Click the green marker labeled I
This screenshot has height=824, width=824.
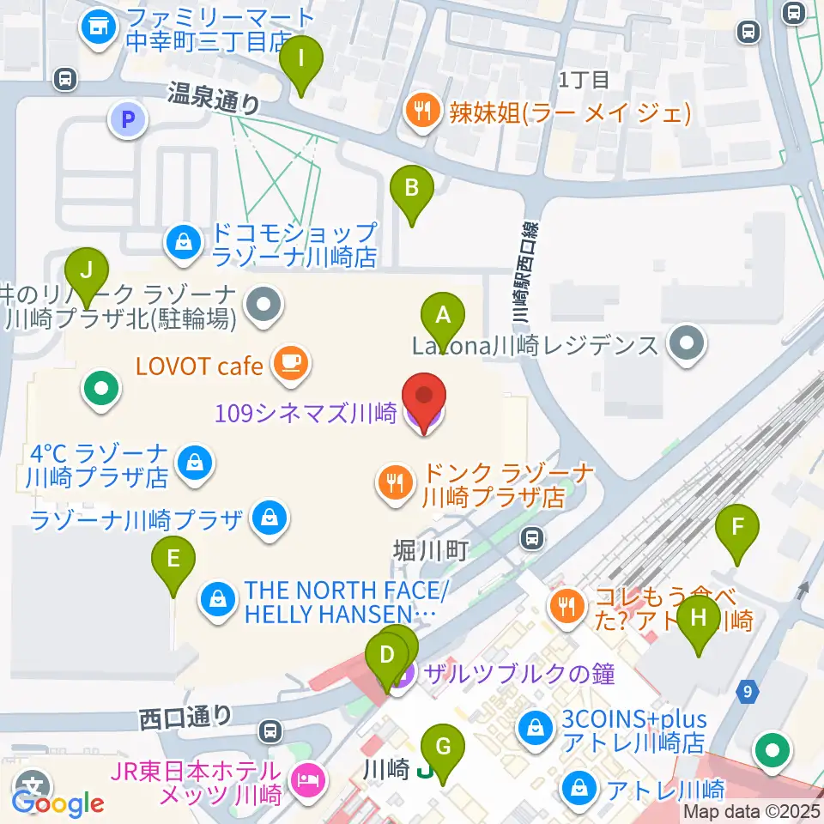click(300, 61)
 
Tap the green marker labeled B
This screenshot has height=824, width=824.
click(412, 188)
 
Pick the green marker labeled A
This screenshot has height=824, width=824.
click(443, 317)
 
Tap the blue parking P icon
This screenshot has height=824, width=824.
click(128, 120)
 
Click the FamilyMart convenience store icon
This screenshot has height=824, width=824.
click(97, 27)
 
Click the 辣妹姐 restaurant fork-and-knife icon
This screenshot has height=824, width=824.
click(421, 111)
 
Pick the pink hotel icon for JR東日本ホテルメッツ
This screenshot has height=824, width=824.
click(306, 780)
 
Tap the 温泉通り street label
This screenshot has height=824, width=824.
click(214, 99)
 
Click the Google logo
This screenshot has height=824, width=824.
click(58, 803)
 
